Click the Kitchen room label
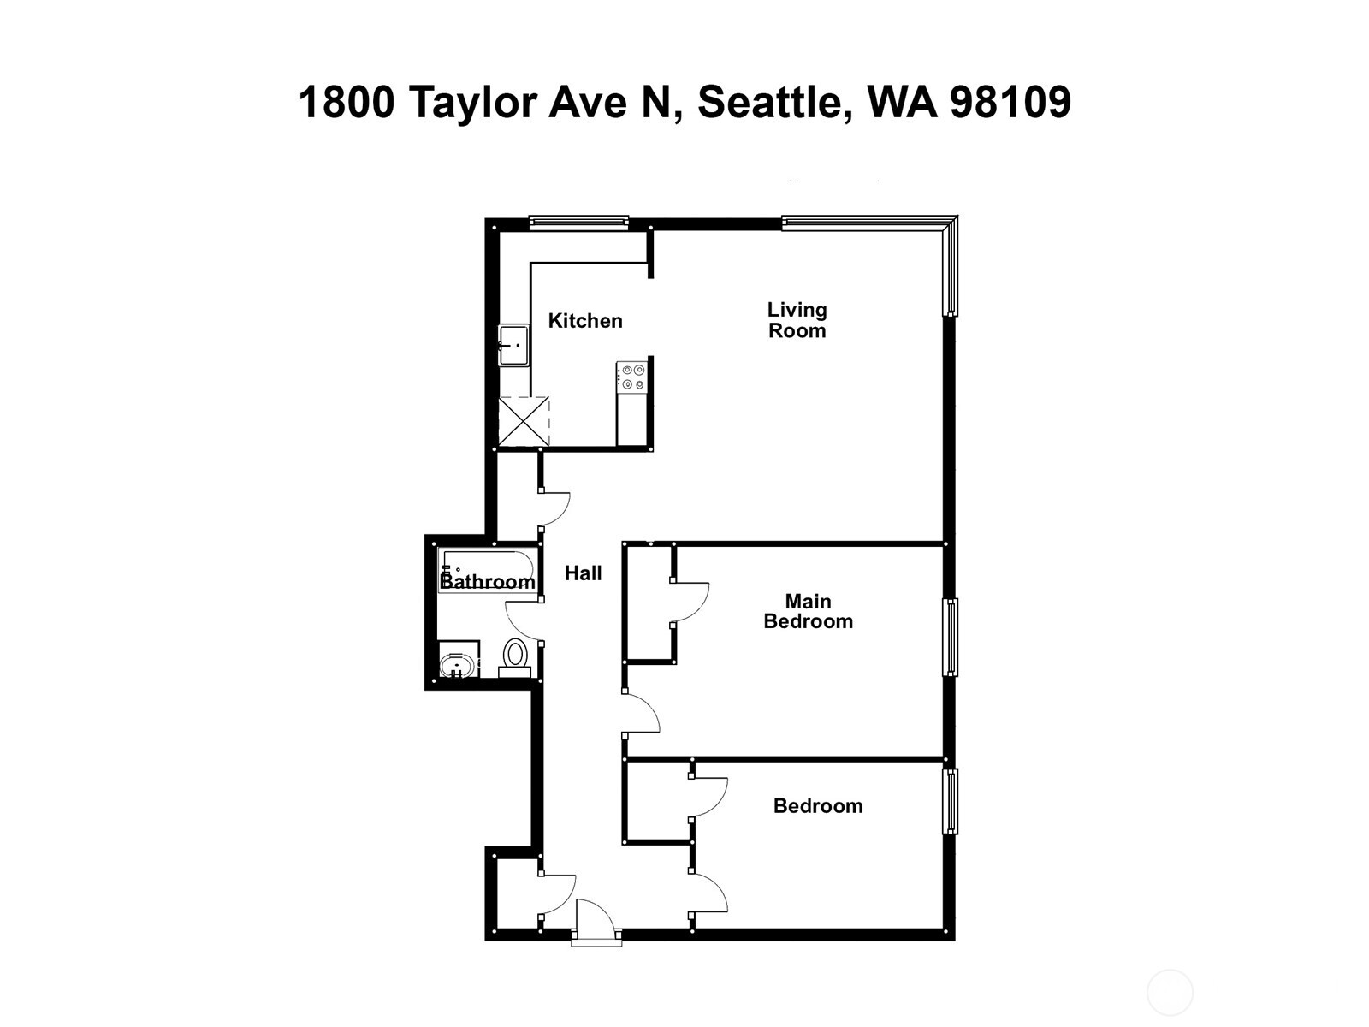click(585, 320)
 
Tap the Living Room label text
click(797, 320)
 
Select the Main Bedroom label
click(809, 611)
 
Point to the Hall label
click(584, 573)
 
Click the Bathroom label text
click(488, 581)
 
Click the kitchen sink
click(513, 345)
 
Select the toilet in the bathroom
click(514, 657)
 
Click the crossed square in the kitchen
click(524, 422)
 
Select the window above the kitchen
click(578, 222)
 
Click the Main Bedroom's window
click(950, 637)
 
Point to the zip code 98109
click(1010, 102)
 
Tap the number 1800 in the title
click(347, 102)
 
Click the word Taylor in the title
click(473, 104)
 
